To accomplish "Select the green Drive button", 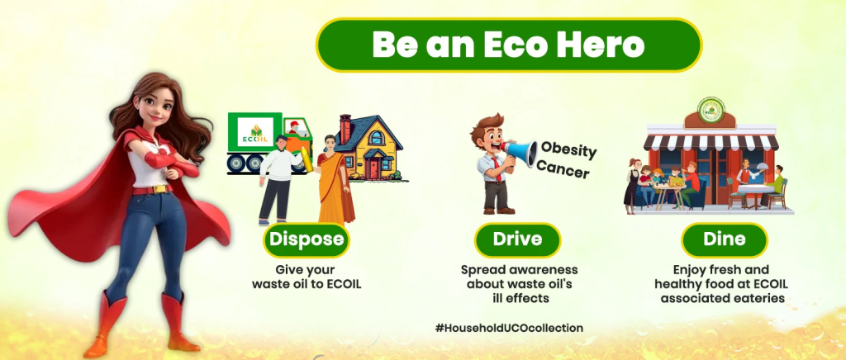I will (518, 239).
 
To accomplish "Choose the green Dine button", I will (724, 239).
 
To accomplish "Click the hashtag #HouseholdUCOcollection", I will (509, 328).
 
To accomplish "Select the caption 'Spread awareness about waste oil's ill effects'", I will (518, 283).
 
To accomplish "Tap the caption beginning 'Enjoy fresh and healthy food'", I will (723, 283).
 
